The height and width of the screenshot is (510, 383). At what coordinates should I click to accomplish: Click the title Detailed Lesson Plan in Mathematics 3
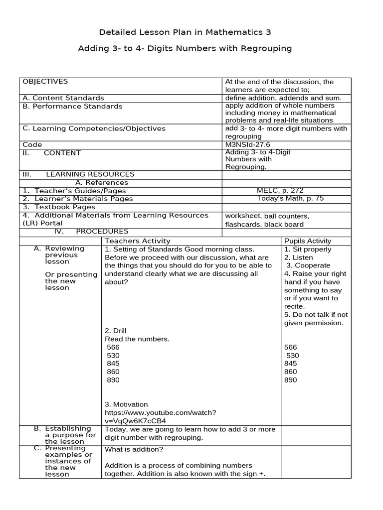pos(185,32)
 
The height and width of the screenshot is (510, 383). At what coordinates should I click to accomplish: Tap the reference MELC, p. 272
pos(280,190)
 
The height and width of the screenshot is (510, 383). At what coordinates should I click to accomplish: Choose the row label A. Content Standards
pos(63,98)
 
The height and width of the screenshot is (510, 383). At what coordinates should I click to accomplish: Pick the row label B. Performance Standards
pos(72,106)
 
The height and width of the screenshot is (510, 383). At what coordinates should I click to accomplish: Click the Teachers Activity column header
pos(142,241)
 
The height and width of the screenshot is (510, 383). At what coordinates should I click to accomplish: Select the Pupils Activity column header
pos(308,241)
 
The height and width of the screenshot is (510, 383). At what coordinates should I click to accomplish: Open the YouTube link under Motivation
pos(160,416)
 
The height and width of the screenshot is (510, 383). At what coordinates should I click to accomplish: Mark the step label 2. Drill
pos(116,331)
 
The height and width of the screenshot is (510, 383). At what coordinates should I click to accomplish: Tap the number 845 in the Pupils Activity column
pos(290,364)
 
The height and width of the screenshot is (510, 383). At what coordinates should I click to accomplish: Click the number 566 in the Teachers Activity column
pos(114,347)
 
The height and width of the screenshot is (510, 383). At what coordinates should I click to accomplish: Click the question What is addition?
pos(134,449)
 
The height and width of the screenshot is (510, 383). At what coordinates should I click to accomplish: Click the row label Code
pos(32,144)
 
